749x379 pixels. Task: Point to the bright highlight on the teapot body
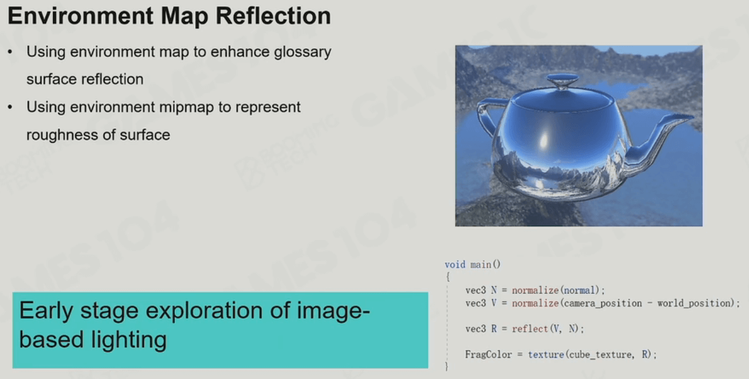[543, 140]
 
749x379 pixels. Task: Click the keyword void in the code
[455, 265]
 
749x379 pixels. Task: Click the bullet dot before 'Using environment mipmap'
[10, 107]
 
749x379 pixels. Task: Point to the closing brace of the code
[446, 367]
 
